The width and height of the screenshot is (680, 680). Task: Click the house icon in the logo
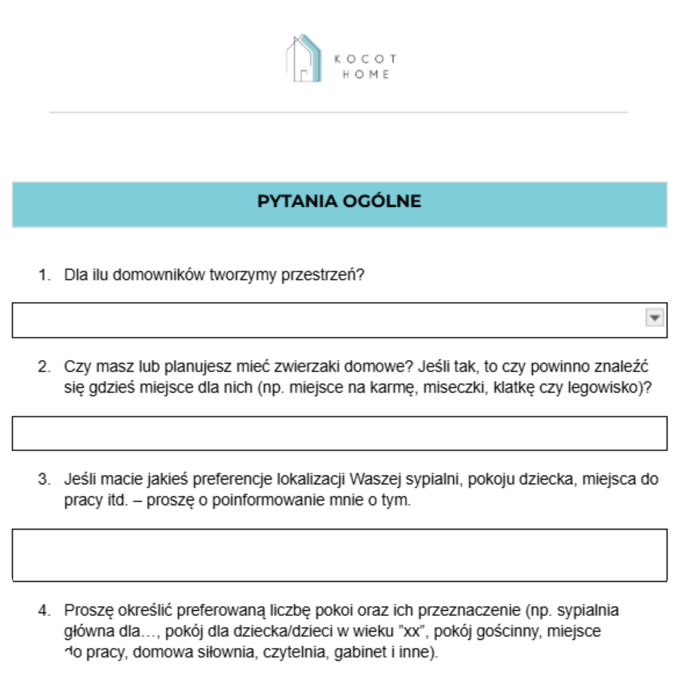[x=304, y=59]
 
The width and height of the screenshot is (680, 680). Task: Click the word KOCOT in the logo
[x=365, y=59]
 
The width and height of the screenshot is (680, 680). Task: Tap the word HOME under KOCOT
[x=366, y=74]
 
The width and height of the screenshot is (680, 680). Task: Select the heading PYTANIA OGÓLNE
[x=339, y=201]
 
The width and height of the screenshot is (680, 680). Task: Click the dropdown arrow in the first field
[x=654, y=318]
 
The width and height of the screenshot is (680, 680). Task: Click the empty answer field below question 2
[x=339, y=433]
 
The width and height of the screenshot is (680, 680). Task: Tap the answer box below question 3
[x=339, y=555]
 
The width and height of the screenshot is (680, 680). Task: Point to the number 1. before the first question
[x=44, y=275]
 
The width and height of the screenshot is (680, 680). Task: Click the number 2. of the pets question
[x=44, y=366]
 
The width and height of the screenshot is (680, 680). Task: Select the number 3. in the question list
[x=44, y=479]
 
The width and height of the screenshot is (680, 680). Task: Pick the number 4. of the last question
[x=44, y=610]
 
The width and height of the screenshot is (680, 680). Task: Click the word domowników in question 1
[x=159, y=275]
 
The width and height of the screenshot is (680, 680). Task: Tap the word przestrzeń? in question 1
[x=323, y=275]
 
